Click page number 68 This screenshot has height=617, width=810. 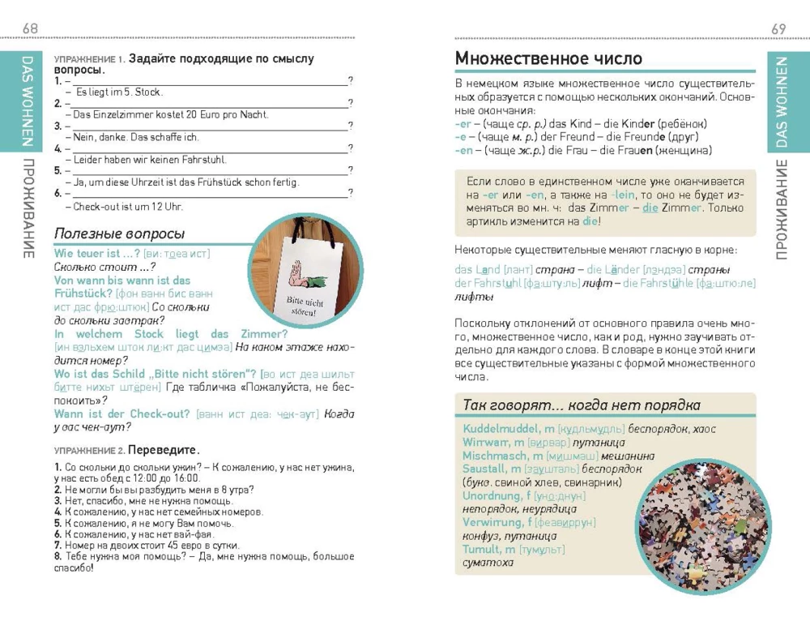click(30, 29)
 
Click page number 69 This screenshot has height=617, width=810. click(778, 29)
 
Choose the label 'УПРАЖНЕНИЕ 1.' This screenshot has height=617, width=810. click(88, 60)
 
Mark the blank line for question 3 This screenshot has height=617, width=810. click(207, 126)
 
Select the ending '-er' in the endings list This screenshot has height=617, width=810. click(464, 123)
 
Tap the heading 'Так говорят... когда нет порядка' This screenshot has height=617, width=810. click(581, 405)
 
